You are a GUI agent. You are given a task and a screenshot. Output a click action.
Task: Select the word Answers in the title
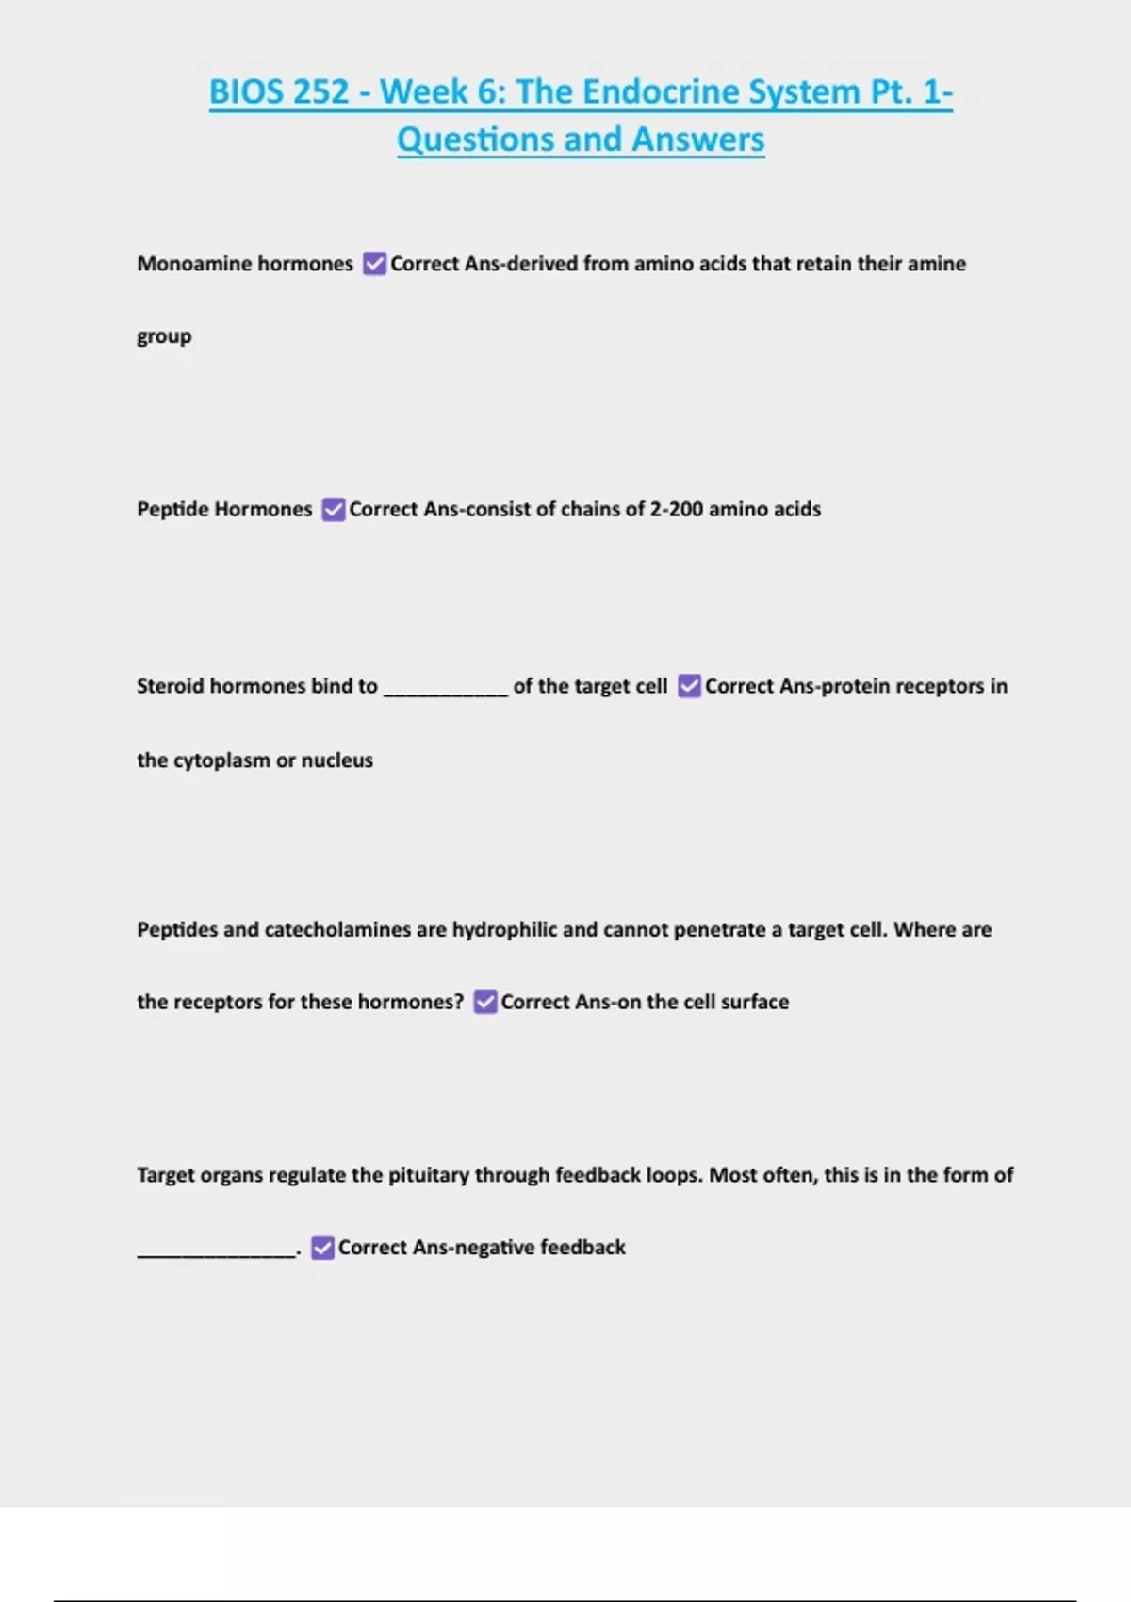pos(697,139)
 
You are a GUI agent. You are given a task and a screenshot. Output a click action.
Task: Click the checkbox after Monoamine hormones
pos(374,264)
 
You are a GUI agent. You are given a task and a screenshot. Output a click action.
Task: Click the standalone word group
pos(164,337)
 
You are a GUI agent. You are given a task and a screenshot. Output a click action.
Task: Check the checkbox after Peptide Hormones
pos(334,510)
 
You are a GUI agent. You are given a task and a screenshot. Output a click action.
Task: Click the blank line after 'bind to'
pos(446,688)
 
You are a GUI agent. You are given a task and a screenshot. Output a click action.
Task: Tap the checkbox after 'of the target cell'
pos(689,686)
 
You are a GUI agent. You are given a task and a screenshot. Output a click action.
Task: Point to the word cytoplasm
pos(221,760)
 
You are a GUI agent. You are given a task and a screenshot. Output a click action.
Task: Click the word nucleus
pos(336,760)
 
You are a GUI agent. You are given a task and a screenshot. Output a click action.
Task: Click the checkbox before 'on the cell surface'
pos(484,1002)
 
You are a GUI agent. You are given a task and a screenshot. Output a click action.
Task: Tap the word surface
pos(754,1002)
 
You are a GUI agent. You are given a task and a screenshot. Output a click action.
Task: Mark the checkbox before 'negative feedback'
pos(322,1248)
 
